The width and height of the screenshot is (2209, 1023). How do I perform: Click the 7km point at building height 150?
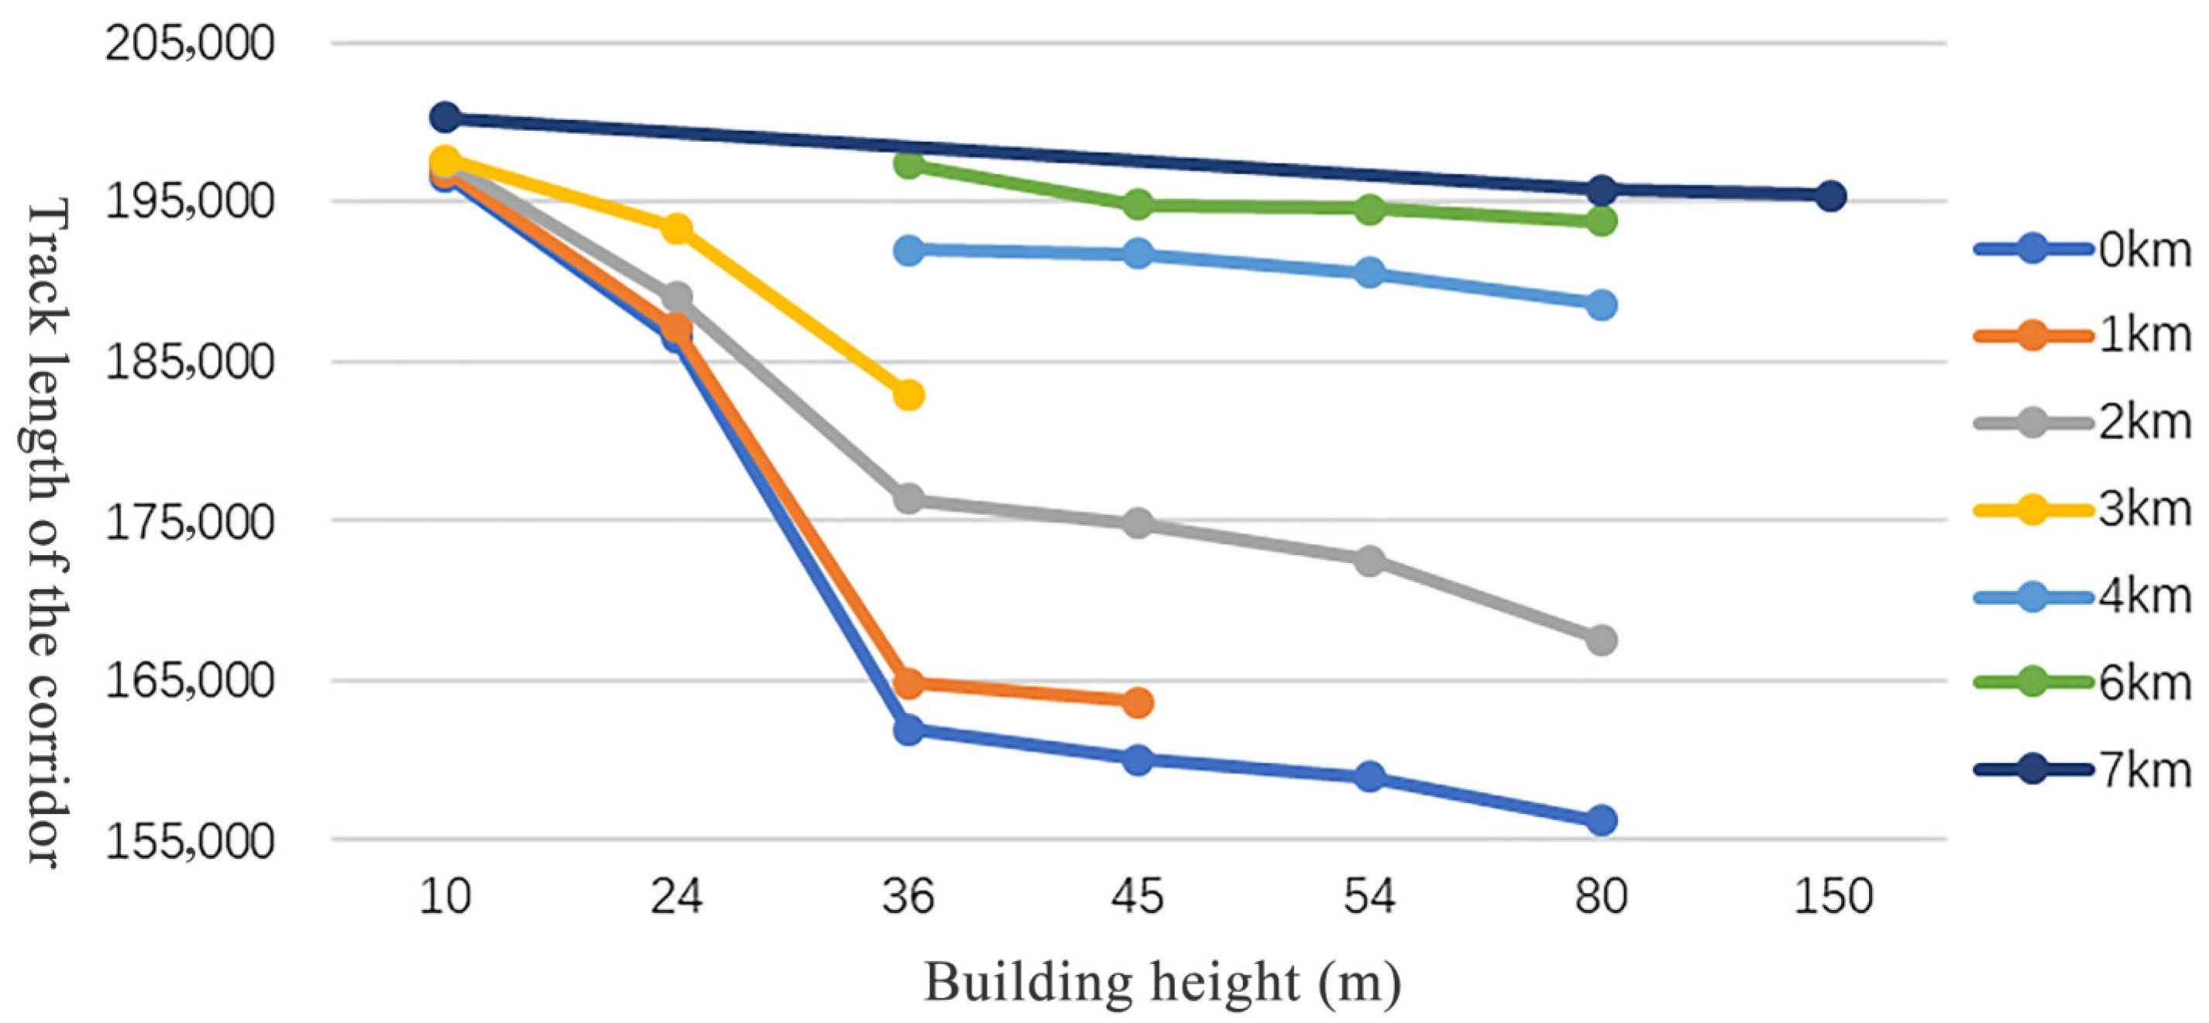(1830, 197)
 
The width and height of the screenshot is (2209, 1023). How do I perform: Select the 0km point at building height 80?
(1601, 820)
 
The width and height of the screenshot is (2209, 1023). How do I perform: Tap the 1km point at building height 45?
(1138, 702)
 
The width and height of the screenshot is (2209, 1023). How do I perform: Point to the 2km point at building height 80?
(1601, 640)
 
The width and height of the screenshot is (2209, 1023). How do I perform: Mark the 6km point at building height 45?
(1138, 205)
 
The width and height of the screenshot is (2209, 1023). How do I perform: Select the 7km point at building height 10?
(445, 118)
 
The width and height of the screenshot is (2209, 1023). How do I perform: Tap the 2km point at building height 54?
(1369, 561)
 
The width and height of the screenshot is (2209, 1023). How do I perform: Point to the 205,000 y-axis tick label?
(190, 43)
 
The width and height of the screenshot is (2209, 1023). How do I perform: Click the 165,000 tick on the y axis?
(190, 681)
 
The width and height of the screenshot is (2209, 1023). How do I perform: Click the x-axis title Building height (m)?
(1162, 983)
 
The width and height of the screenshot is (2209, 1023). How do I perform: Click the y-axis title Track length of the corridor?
(45, 532)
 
